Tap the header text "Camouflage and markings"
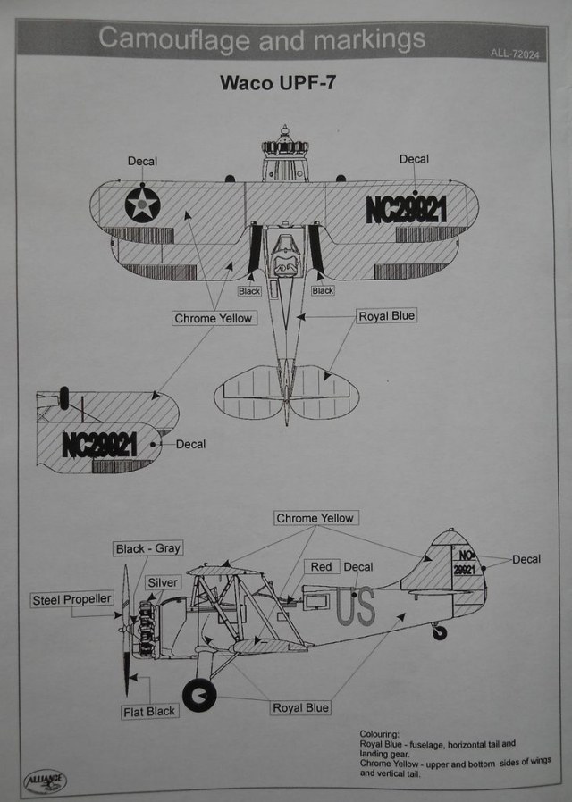(261, 38)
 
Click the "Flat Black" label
(150, 712)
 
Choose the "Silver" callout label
(164, 582)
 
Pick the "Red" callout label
(321, 567)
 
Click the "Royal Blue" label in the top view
(387, 316)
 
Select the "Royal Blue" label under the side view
(301, 708)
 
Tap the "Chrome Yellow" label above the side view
(315, 519)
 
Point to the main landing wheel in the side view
(198, 694)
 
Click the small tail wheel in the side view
(439, 631)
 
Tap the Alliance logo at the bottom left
(45, 781)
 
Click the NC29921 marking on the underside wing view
(99, 444)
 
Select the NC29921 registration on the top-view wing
(406, 209)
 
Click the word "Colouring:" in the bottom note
(380, 733)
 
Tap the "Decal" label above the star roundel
(142, 161)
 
